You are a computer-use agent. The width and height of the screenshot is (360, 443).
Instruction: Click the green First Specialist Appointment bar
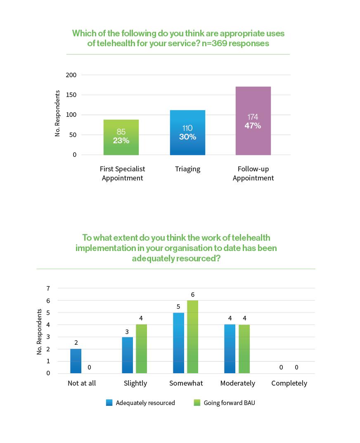[121, 137]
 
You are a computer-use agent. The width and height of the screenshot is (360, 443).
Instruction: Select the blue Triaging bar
[187, 133]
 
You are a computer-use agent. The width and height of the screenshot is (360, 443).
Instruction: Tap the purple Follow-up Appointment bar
[253, 121]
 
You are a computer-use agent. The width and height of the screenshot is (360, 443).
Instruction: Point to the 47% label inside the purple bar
[253, 126]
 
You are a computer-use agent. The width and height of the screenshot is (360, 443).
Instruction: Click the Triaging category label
[187, 169]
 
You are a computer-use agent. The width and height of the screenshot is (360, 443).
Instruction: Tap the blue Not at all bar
[76, 361]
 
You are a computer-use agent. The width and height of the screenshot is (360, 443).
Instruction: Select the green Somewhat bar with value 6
[192, 336]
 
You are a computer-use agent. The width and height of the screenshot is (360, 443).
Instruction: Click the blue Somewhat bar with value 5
[179, 343]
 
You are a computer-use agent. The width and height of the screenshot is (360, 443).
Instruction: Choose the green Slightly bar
[141, 348]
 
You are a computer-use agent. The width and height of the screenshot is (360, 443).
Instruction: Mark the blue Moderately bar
[230, 348]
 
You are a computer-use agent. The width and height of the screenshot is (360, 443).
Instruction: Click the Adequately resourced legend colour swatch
[109, 403]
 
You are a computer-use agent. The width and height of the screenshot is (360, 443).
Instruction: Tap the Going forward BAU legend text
[229, 403]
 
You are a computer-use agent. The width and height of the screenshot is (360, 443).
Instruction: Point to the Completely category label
[289, 383]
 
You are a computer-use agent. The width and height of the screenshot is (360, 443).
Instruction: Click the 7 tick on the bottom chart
[48, 288]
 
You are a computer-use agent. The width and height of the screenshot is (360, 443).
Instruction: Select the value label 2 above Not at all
[76, 343]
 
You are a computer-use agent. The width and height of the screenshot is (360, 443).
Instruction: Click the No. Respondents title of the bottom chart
[40, 332]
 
